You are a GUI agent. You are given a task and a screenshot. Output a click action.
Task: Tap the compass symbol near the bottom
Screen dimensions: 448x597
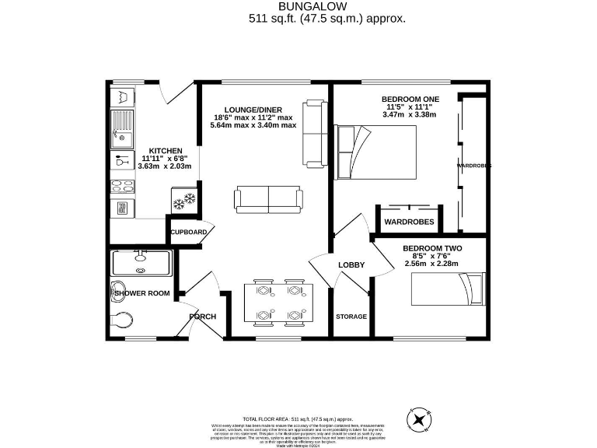421,419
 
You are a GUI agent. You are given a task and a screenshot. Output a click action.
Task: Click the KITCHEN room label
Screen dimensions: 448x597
166,150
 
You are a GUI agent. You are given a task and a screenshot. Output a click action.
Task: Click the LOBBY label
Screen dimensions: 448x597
351,265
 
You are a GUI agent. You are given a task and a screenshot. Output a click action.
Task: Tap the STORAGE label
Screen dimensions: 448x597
351,317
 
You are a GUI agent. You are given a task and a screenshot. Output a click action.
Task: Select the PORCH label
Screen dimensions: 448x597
202,317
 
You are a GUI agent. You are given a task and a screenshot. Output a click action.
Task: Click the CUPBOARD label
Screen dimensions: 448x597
189,233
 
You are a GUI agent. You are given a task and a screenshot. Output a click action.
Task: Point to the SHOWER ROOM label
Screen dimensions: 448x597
142,293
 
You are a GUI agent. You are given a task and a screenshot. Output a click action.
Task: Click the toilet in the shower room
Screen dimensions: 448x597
123,317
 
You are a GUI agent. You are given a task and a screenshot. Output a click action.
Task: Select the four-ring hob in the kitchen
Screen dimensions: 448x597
122,185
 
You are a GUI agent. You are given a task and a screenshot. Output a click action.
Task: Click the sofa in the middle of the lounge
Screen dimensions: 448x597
268,199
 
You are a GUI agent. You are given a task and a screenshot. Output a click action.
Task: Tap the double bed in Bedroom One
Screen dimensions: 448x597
375,151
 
